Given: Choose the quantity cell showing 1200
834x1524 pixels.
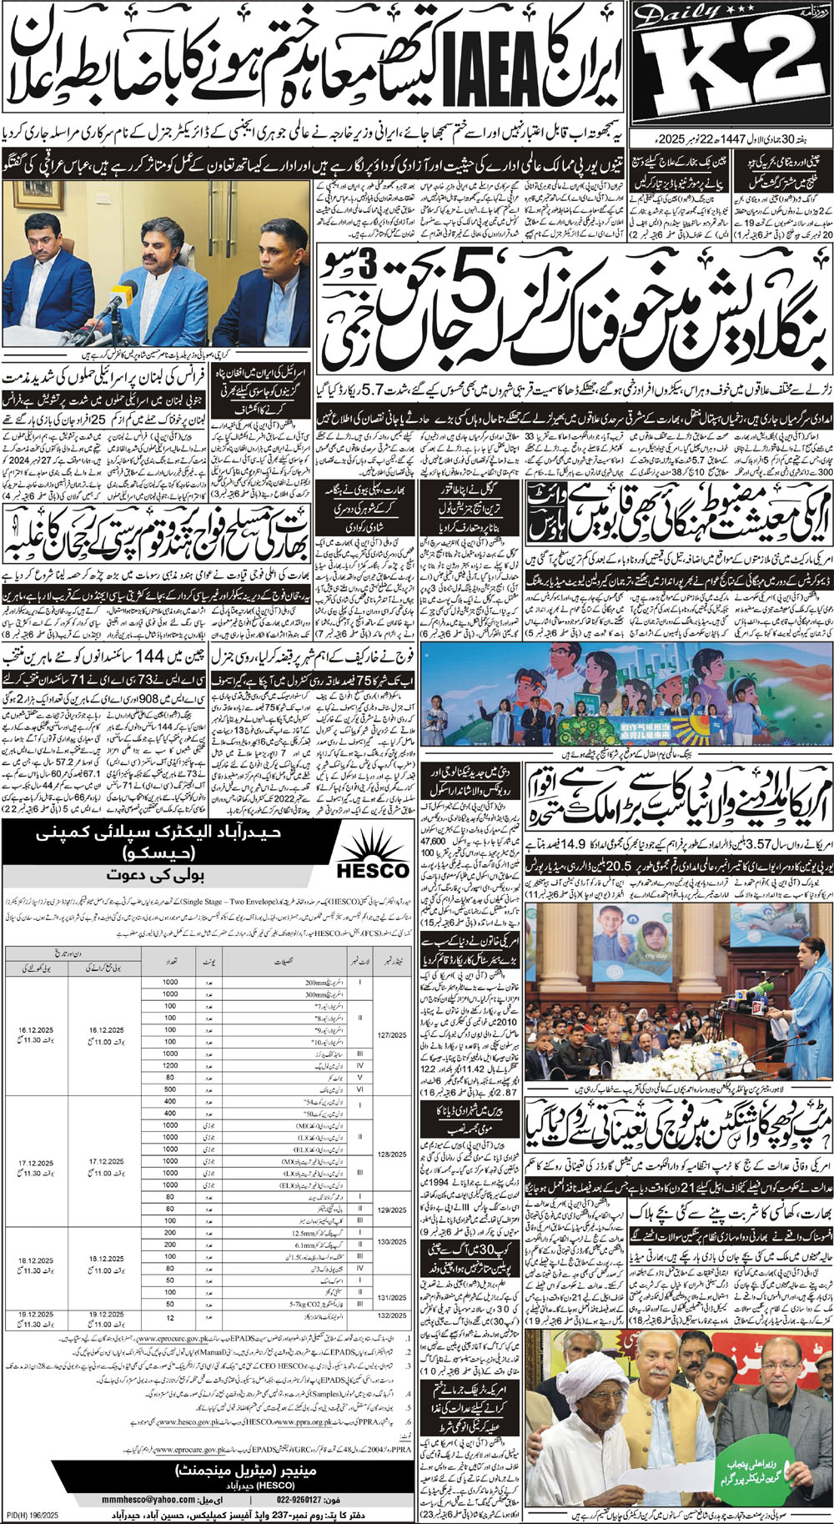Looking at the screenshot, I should click(170, 1065).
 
